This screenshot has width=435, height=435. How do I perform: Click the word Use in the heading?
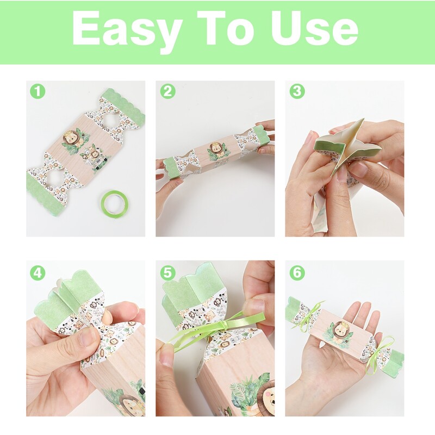click(315, 28)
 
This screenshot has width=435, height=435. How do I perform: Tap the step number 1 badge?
click(38, 91)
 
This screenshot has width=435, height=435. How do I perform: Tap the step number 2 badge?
click(168, 91)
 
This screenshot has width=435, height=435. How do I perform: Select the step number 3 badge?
click(297, 91)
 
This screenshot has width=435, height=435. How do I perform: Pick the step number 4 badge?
click(38, 273)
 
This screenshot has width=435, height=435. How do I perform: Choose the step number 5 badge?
click(168, 273)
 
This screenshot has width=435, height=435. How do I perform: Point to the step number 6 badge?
click(297, 273)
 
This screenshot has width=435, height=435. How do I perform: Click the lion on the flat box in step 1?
click(71, 140)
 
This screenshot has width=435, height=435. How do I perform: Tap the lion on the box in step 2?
click(216, 149)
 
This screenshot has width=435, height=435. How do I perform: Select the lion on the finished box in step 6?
click(338, 332)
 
